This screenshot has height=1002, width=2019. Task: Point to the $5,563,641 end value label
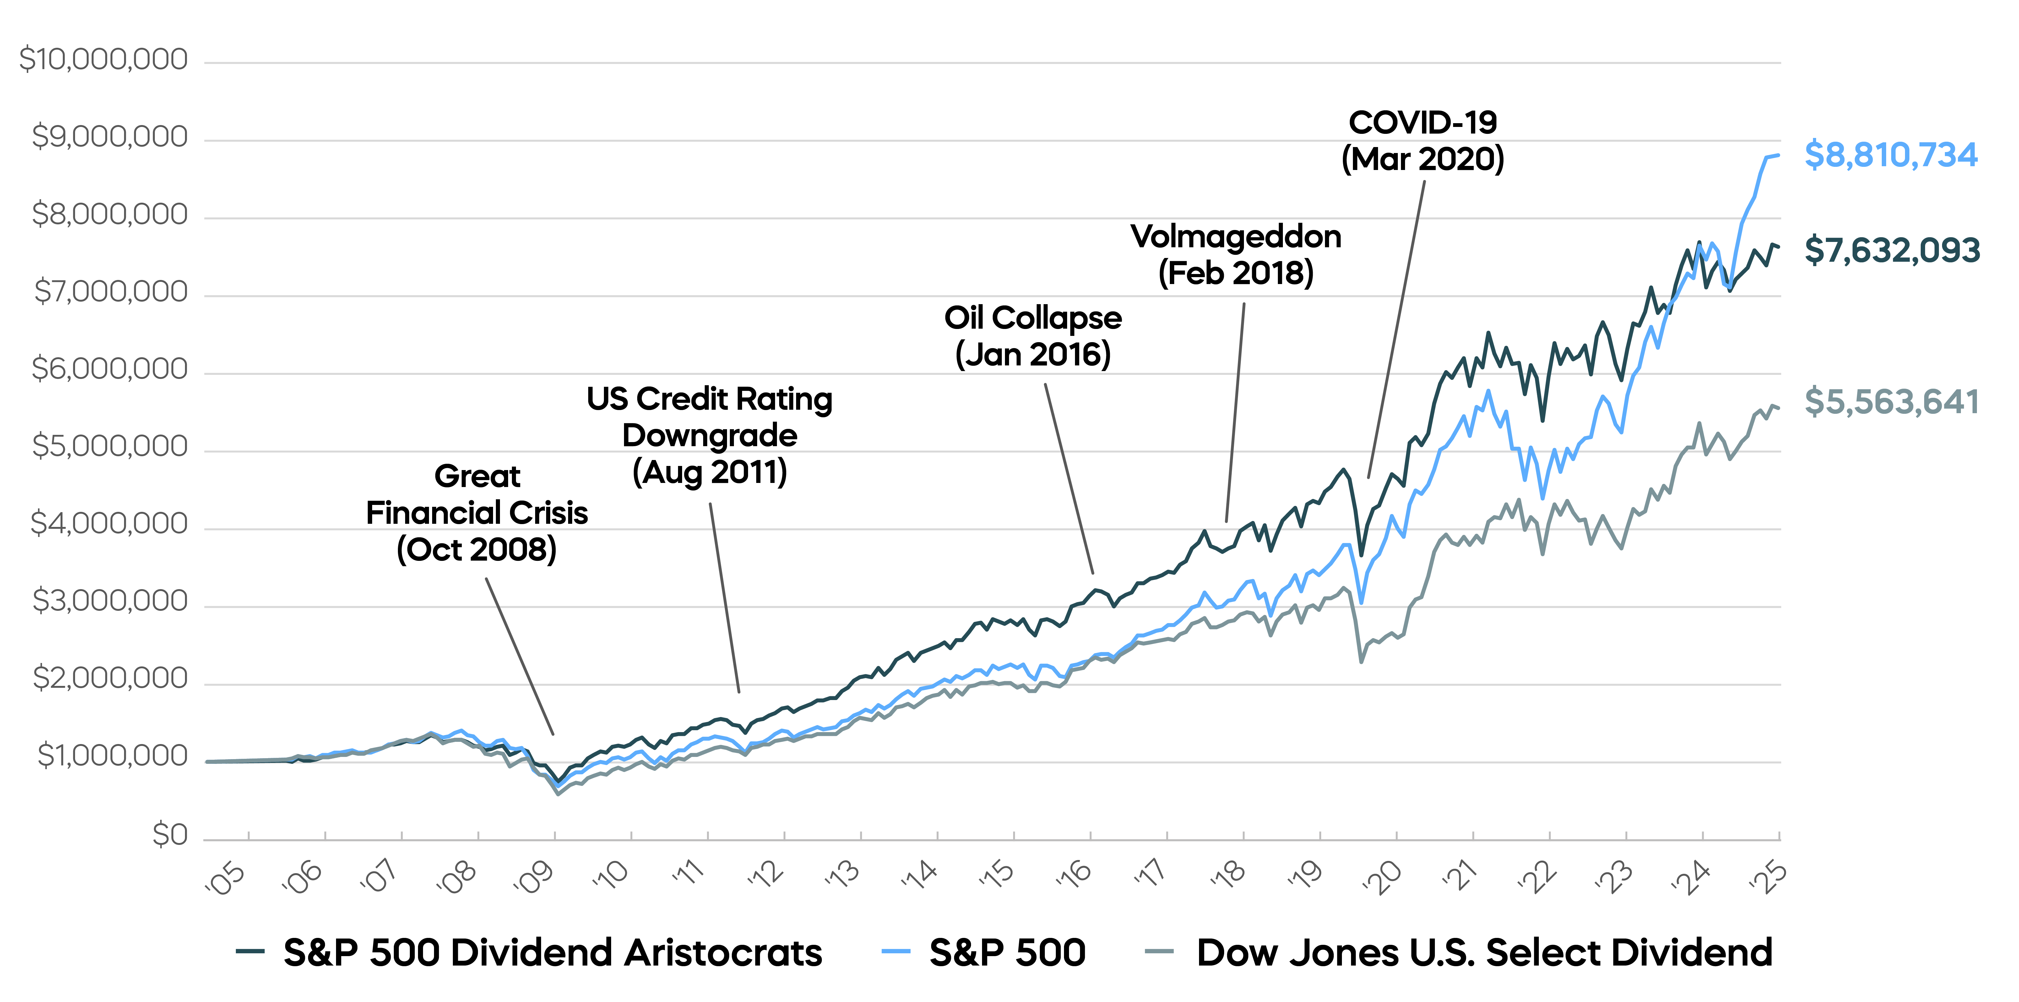click(x=1891, y=402)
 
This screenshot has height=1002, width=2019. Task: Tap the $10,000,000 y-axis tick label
click(x=103, y=60)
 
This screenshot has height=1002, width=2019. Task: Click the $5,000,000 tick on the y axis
click(x=110, y=446)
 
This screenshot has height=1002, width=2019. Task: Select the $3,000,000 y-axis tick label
click(x=110, y=601)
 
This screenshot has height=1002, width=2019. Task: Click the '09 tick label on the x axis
click(x=533, y=878)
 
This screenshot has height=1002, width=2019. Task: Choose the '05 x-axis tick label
click(x=225, y=878)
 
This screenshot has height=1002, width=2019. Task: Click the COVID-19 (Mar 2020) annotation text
click(x=1423, y=141)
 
